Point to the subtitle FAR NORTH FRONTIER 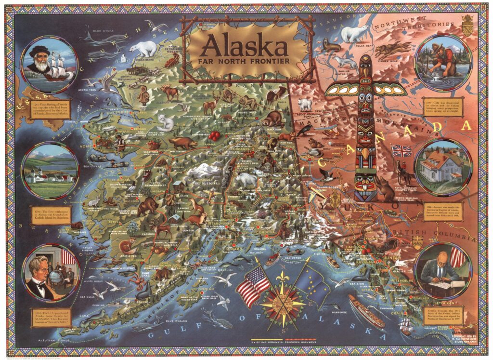click(245, 62)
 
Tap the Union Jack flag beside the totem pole click(402, 150)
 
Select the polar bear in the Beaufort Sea click(355, 34)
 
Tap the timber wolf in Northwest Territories click(391, 49)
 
